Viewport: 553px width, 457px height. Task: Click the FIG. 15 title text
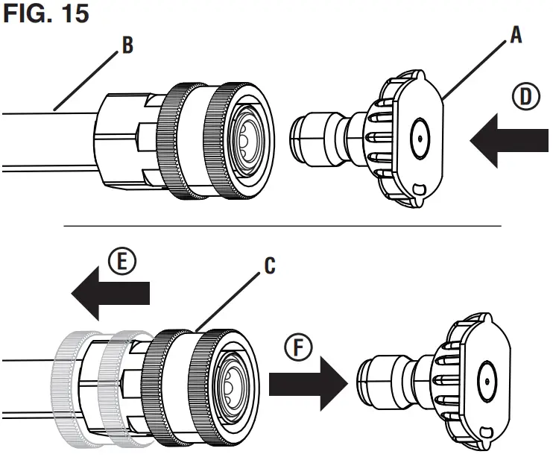click(46, 13)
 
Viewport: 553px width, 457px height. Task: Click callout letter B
click(127, 46)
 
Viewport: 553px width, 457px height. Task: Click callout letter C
click(269, 265)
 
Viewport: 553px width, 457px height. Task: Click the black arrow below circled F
click(306, 384)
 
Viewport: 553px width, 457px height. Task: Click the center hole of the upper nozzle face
click(420, 138)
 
